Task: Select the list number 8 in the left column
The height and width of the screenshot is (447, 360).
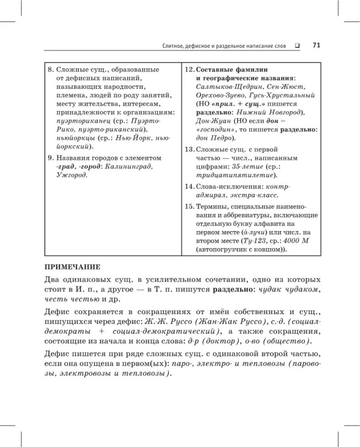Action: (50, 70)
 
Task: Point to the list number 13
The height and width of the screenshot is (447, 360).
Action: (189, 149)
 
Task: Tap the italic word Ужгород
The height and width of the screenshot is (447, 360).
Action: (71, 175)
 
